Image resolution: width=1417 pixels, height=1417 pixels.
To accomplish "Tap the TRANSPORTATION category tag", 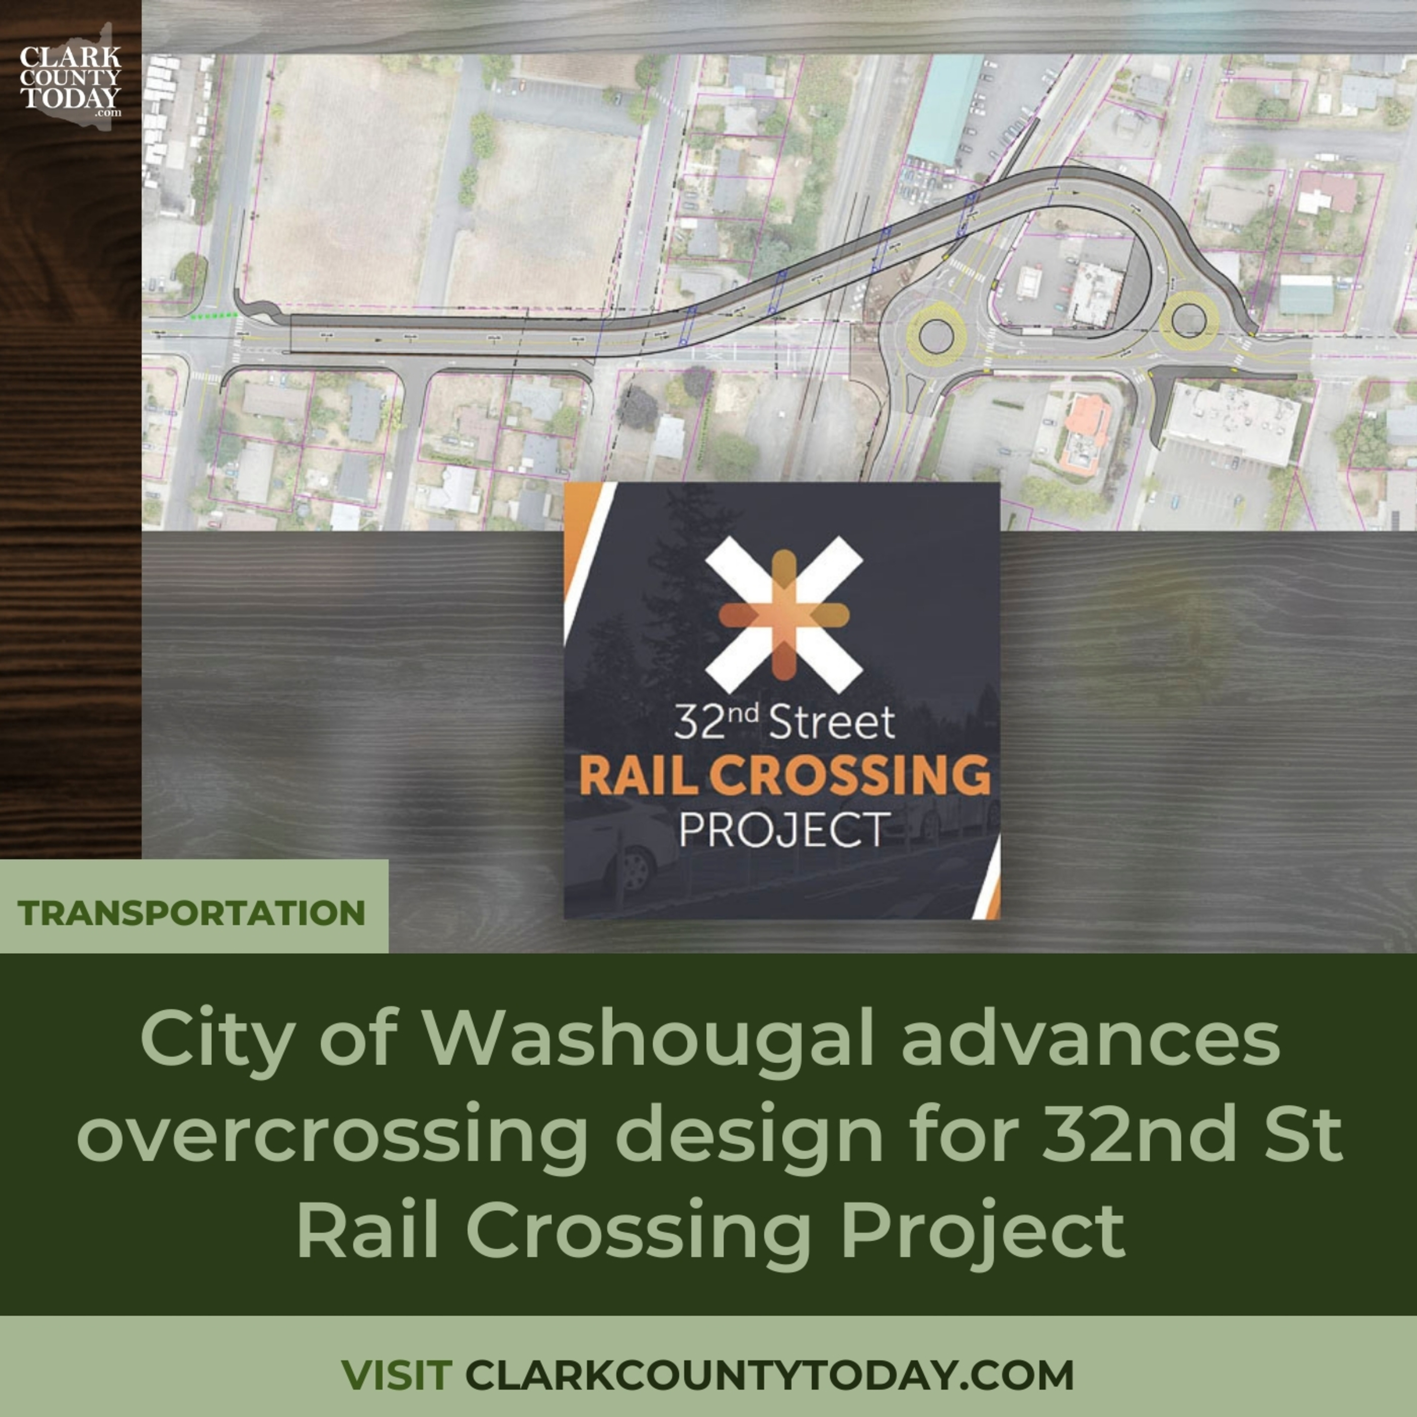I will pos(192,913).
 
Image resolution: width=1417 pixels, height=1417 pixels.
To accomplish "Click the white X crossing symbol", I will pos(783,615).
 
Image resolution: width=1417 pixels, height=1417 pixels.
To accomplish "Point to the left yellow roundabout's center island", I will pos(934,335).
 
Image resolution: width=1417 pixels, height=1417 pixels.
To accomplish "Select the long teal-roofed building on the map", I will pos(946,106).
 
